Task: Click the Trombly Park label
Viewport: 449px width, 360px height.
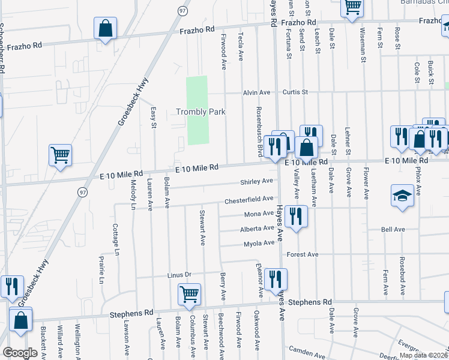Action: [200, 112]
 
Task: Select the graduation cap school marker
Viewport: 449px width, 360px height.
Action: [402, 196]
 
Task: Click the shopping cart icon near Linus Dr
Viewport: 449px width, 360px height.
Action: [189, 295]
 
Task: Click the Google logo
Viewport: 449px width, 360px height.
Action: [20, 353]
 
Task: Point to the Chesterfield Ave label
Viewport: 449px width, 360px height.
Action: [249, 199]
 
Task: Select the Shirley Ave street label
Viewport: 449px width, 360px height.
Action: [257, 181]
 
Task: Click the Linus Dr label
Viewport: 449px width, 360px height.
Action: [179, 275]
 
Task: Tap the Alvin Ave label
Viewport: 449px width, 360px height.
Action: [256, 92]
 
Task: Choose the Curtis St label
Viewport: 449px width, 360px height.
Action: [295, 92]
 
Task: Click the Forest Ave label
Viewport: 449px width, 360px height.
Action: [303, 254]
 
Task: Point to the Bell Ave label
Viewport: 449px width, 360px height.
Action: [393, 229]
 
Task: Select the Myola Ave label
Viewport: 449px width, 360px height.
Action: [259, 244]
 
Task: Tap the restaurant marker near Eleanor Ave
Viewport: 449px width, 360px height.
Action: [276, 279]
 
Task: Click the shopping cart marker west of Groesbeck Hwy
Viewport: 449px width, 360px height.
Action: [60, 155]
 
